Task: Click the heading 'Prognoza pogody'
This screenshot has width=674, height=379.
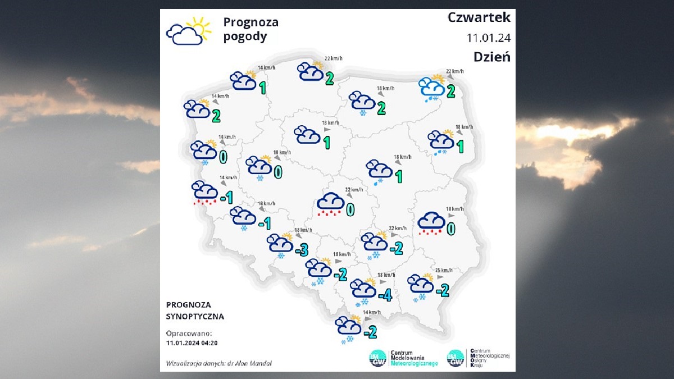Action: tap(251, 30)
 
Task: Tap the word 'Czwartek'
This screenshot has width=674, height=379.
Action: tap(479, 17)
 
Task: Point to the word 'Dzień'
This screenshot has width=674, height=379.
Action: tap(491, 56)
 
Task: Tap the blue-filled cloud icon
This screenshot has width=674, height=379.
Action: tap(431, 88)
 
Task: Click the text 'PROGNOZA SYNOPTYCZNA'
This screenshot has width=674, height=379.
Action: tap(195, 310)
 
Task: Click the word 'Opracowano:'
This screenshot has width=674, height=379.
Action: tap(189, 333)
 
